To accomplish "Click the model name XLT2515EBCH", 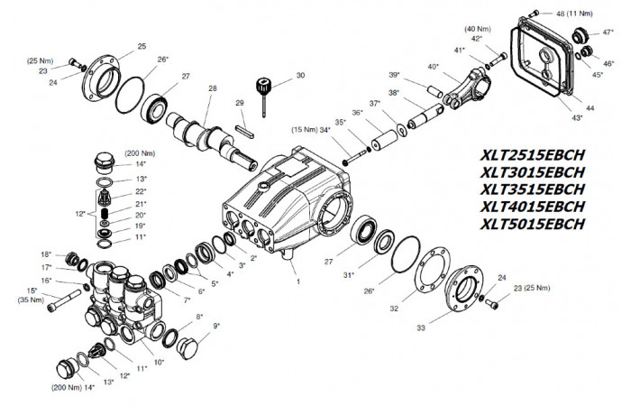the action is [532, 155].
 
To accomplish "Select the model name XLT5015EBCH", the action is [532, 224].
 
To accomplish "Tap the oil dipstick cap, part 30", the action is [263, 86].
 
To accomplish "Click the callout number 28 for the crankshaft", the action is [213, 88].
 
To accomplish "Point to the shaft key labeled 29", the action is [244, 132].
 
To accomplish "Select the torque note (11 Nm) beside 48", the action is [580, 14].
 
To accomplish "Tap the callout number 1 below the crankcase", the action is [298, 281].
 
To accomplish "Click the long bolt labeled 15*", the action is [64, 300].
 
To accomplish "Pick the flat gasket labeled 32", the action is [430, 272].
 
